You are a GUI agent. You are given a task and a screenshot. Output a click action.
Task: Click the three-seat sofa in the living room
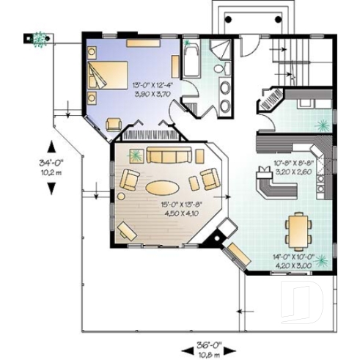pyautogui.click(x=169, y=155)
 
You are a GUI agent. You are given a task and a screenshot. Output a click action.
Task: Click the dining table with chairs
pyautogui.click(x=298, y=229)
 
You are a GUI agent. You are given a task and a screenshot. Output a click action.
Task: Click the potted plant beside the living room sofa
pyautogui.click(x=136, y=155)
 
